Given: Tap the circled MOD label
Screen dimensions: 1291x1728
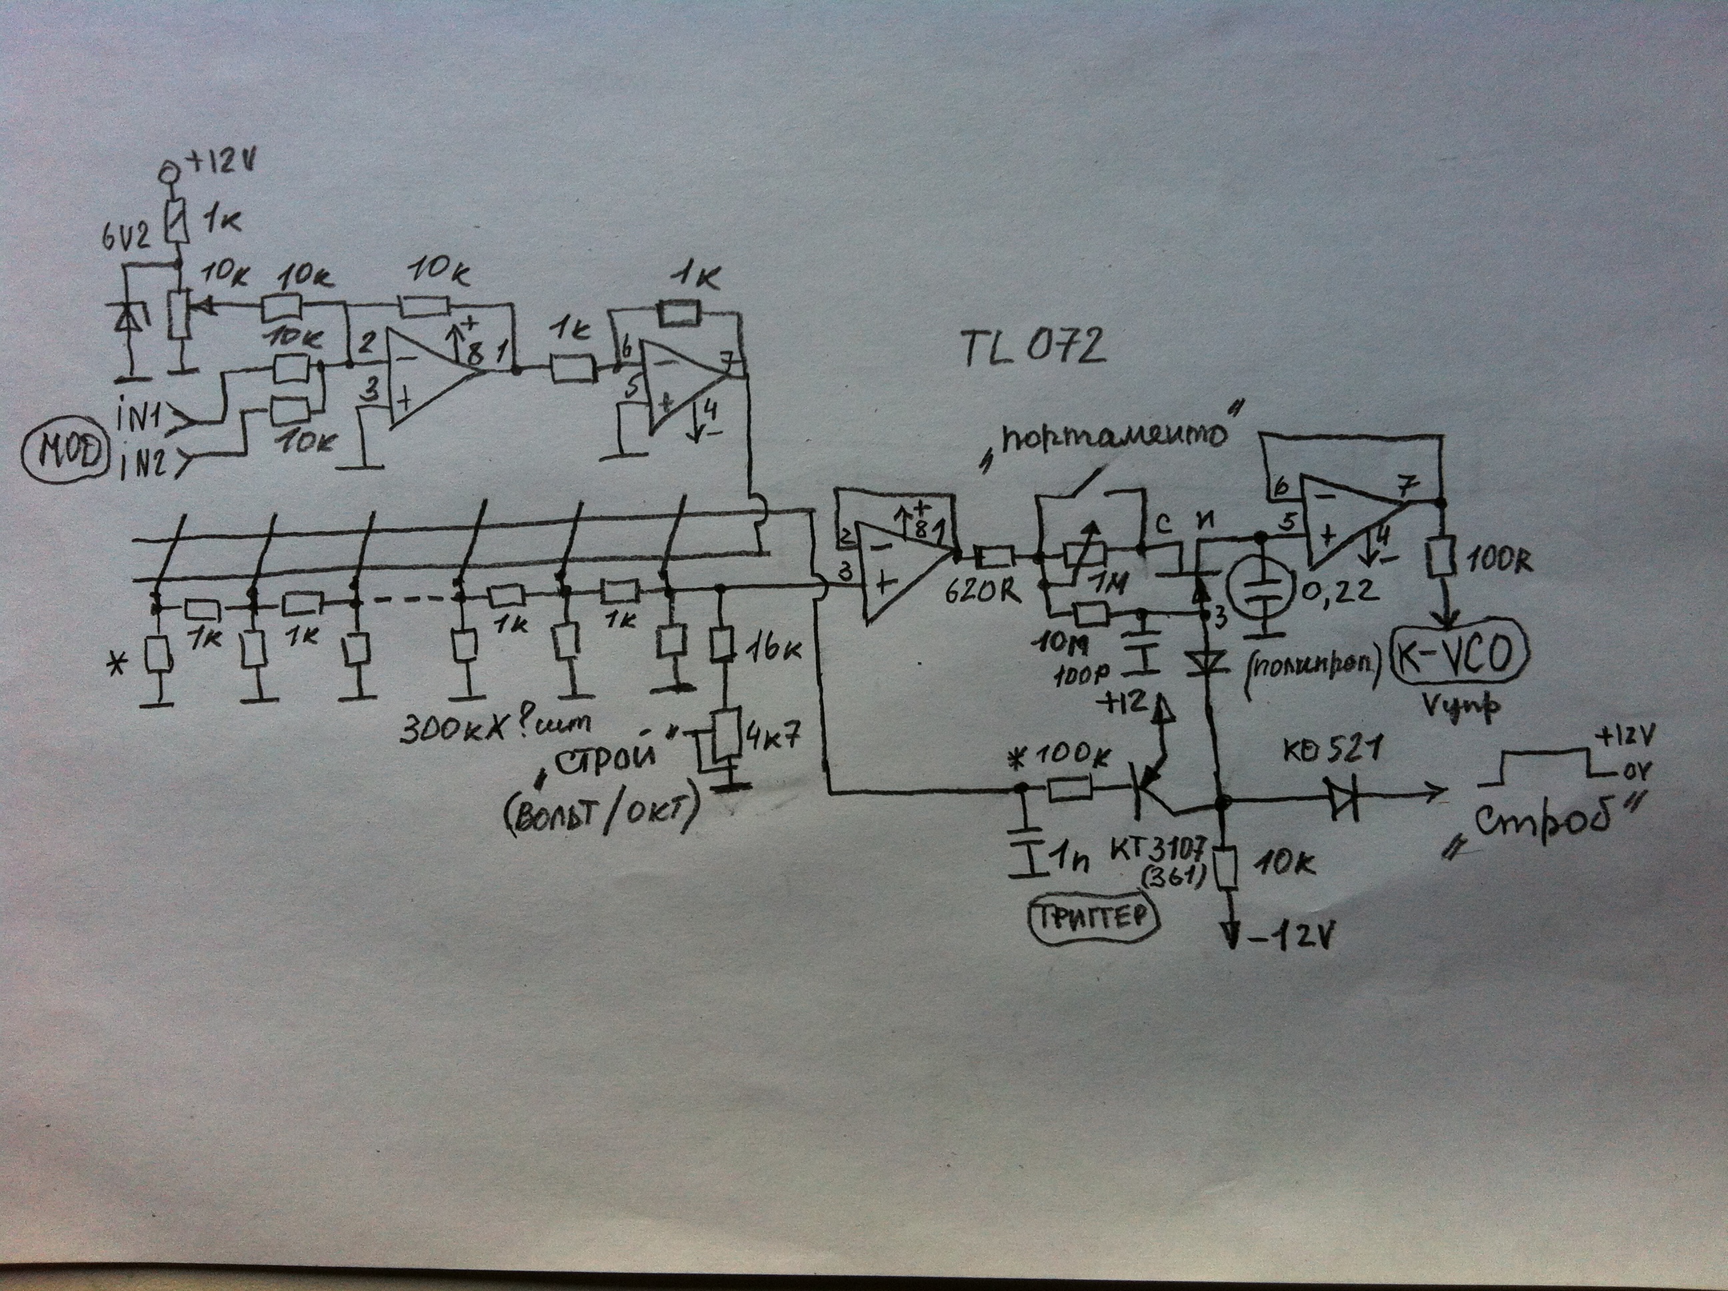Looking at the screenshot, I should (x=65, y=451).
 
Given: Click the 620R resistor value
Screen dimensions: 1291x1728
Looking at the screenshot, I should (x=983, y=591).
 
